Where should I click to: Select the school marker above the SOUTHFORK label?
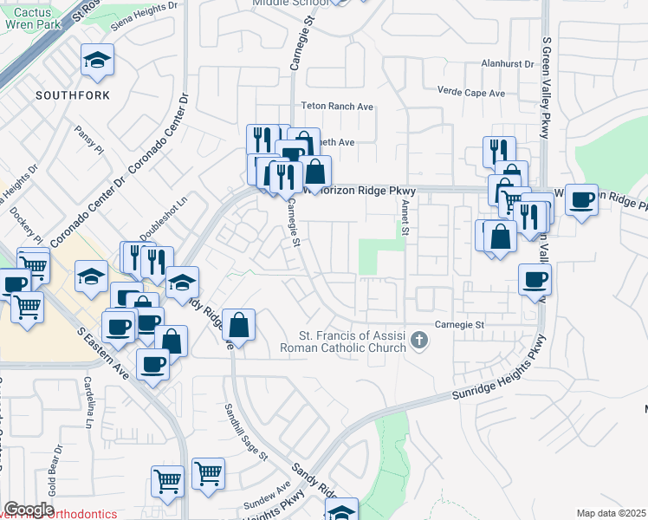point(96,62)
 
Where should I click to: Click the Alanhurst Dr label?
point(511,63)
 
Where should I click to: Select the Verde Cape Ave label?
point(472,93)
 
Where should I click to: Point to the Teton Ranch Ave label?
point(336,107)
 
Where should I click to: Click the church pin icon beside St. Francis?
point(420,340)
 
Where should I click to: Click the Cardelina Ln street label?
point(88,400)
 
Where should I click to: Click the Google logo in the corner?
point(29,510)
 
